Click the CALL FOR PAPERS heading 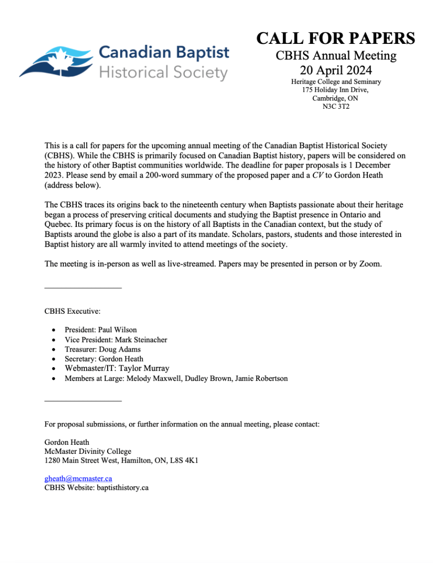335,38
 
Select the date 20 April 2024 336,70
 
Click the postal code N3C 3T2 336,106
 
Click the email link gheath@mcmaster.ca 78,478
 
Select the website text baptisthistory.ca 124,487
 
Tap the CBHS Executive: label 73,311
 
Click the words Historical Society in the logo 163,73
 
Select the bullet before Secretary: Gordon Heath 54,359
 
